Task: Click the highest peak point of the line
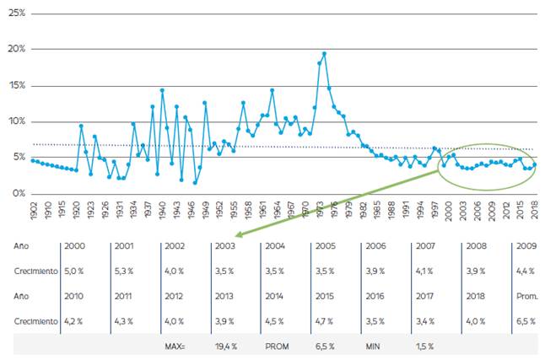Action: tap(324, 54)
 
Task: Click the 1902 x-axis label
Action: tap(33, 210)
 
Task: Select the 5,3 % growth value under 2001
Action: tap(124, 272)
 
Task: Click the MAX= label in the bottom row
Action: tap(176, 346)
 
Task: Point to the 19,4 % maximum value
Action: tap(227, 346)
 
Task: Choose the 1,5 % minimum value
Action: tap(424, 346)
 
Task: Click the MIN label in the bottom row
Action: tap(374, 346)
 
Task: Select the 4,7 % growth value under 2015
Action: tap(325, 321)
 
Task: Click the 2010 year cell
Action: tap(75, 297)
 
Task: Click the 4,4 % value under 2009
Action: tap(526, 272)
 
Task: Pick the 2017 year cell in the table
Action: tap(424, 297)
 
